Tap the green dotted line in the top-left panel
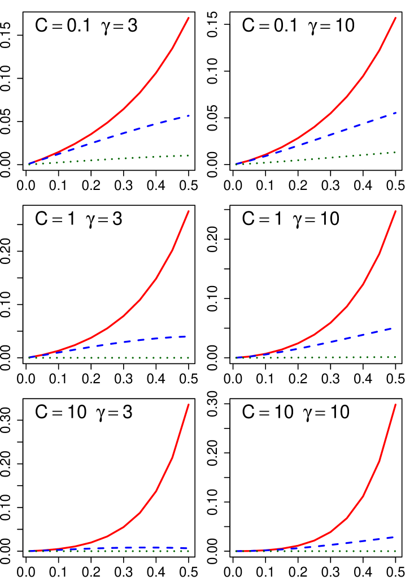point(141,158)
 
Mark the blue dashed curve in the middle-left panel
point(141,339)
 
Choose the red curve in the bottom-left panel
point(156,491)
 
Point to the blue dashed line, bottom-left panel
point(141,548)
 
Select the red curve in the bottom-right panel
point(363,495)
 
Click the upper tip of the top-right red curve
point(395,18)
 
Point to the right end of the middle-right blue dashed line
point(391,328)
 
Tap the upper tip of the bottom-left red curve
point(189,405)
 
